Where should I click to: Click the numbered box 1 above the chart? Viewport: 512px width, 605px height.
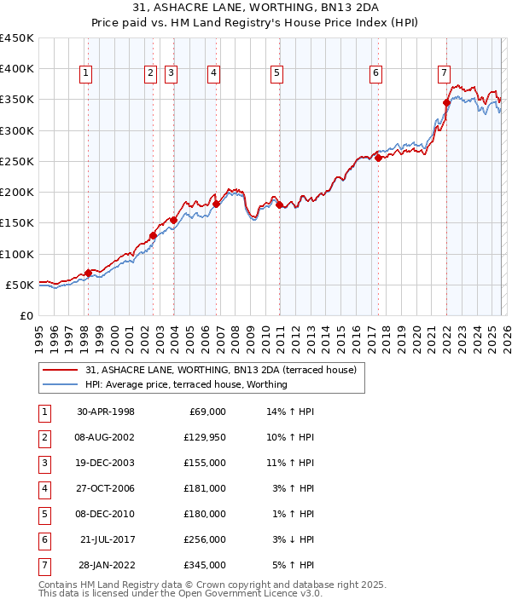[87, 74]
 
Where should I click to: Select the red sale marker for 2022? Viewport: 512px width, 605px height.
[446, 102]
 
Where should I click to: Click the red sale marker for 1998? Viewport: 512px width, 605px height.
[88, 273]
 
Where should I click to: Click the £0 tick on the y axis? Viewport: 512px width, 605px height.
[26, 315]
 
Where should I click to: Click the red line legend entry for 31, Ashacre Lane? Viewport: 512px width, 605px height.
[201, 370]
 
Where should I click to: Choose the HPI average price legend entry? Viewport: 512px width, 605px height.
[186, 384]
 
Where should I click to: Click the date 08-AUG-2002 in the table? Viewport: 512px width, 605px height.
[106, 437]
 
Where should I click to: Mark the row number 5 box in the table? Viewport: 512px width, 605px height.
[44, 514]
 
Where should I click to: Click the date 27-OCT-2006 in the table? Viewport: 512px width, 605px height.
[106, 488]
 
